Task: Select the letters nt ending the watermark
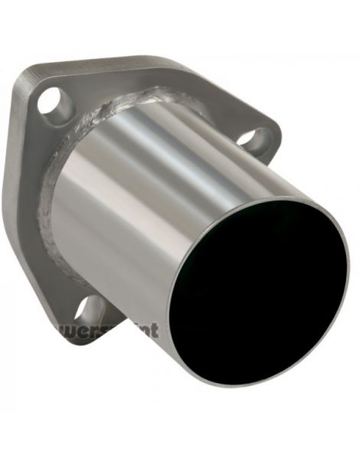(x=150, y=331)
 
